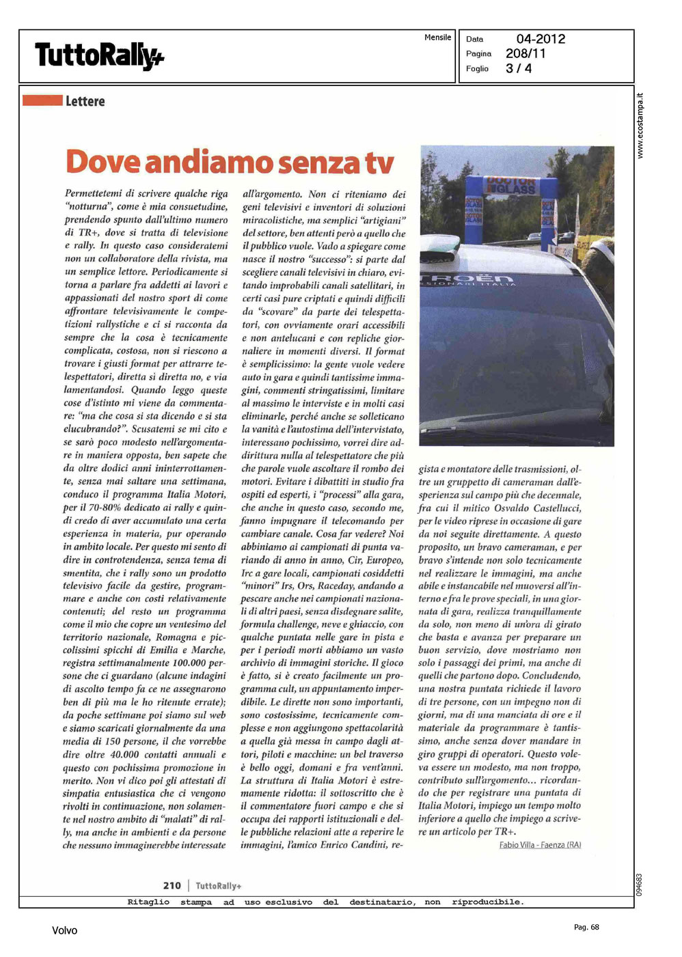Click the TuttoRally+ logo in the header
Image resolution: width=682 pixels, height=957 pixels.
[x=99, y=55]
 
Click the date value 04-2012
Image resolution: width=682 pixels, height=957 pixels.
[x=541, y=39]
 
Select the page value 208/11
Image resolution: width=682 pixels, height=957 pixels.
[x=526, y=53]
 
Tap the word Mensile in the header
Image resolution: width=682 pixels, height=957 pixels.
[x=437, y=38]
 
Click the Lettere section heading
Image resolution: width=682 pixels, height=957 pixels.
[x=85, y=101]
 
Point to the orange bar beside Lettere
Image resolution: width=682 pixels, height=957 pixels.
[x=42, y=100]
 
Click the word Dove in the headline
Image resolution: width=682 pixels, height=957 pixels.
[x=102, y=163]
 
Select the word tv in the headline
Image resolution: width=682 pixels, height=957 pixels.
[x=379, y=163]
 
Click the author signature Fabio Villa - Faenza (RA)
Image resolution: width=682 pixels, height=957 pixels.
[x=540, y=845]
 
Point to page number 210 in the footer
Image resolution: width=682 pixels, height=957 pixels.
[x=172, y=885]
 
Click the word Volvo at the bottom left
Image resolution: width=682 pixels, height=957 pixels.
[x=65, y=930]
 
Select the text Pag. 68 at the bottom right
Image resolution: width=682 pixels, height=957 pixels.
[x=586, y=927]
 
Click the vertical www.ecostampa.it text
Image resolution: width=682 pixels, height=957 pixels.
[x=640, y=126]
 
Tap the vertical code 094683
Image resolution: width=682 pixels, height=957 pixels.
[x=640, y=885]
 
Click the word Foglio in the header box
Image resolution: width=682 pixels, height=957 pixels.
[x=477, y=68]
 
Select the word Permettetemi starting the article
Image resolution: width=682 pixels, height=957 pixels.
[x=95, y=194]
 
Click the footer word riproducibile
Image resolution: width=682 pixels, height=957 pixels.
[x=487, y=902]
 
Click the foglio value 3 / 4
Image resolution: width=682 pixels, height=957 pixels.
[x=519, y=68]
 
